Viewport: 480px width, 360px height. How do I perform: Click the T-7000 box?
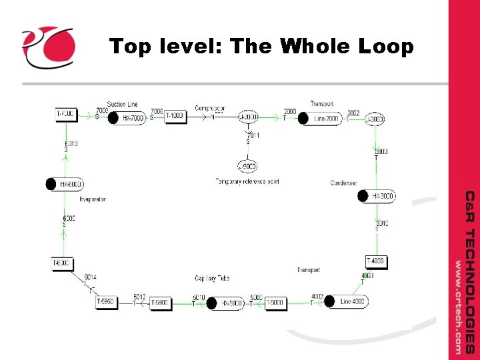click(x=65, y=115)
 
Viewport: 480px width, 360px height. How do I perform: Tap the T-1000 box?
click(x=175, y=116)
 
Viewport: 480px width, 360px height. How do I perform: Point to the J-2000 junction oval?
click(x=248, y=117)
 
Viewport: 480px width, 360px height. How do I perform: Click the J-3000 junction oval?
click(x=375, y=119)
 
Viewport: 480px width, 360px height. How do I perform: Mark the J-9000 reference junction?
click(x=247, y=166)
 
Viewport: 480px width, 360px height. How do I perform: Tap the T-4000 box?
click(x=375, y=261)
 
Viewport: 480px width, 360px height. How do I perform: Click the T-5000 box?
click(x=275, y=303)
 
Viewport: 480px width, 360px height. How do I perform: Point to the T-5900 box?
click(x=160, y=303)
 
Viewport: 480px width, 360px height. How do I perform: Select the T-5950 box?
click(x=107, y=301)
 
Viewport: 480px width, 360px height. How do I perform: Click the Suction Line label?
click(x=122, y=105)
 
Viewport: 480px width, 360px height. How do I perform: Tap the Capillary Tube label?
click(x=213, y=278)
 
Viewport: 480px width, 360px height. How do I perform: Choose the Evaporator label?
click(x=93, y=199)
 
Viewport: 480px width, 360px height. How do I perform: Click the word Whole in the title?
click(x=315, y=47)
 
